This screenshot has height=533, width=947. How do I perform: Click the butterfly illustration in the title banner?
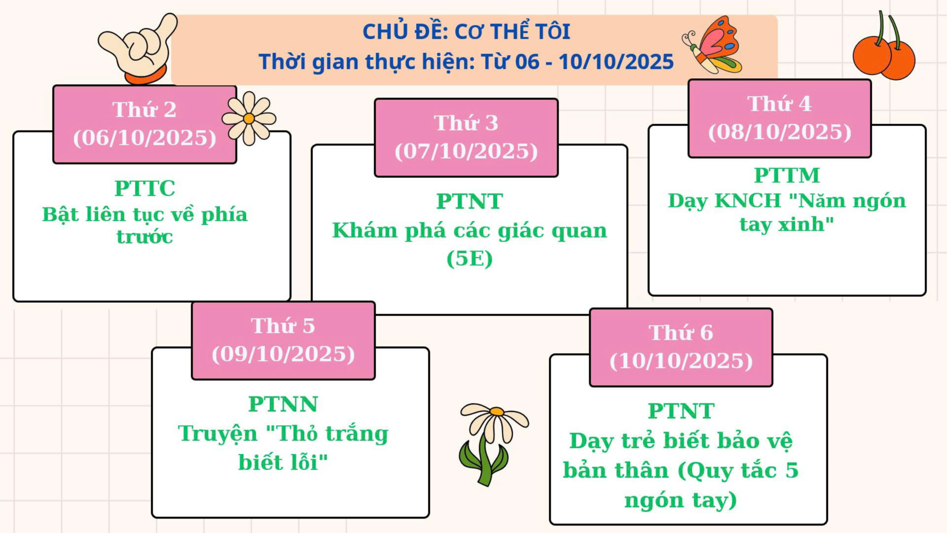[713, 45]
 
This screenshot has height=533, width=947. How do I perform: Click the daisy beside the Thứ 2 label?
[249, 118]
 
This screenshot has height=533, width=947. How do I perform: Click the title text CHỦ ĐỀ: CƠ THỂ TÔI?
[466, 31]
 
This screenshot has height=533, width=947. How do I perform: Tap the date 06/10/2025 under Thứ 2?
[144, 138]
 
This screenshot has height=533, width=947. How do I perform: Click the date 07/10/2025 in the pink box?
[466, 151]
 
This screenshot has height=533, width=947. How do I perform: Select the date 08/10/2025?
[780, 132]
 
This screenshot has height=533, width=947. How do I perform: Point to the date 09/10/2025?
[283, 354]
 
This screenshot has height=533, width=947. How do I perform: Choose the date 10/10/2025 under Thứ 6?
[681, 361]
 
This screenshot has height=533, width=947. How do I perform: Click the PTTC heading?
[145, 188]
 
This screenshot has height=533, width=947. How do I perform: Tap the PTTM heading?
[787, 175]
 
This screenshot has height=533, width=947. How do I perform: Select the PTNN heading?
[283, 404]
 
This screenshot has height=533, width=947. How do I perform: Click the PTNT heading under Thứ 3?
[470, 201]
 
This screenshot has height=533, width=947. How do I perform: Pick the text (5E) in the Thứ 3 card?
[470, 259]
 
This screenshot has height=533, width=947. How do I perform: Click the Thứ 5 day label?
[283, 326]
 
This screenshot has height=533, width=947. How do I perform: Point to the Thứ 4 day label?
[780, 103]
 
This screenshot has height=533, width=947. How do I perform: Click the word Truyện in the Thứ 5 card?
[217, 434]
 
